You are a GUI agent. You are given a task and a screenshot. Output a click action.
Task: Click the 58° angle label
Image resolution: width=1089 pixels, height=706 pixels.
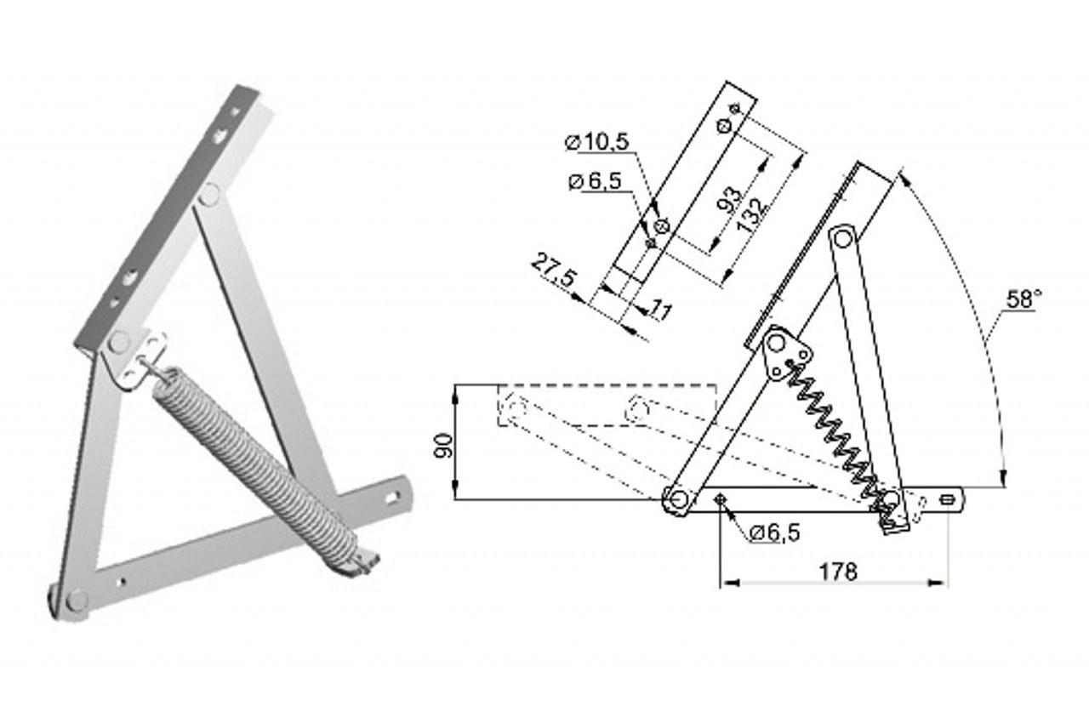(1023, 299)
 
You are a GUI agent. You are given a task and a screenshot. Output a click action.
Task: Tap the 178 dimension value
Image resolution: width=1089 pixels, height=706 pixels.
(838, 572)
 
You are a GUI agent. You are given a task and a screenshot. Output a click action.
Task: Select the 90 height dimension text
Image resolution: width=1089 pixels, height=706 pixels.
(443, 446)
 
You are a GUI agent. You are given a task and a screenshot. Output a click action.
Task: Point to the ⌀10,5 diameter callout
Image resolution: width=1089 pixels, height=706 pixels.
(597, 141)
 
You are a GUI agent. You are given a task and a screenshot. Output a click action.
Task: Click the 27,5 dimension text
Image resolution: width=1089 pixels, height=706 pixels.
(554, 270)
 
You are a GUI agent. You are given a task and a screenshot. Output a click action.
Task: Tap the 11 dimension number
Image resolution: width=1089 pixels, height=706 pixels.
(661, 310)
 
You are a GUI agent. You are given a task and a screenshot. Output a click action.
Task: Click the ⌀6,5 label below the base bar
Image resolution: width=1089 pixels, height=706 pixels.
(774, 533)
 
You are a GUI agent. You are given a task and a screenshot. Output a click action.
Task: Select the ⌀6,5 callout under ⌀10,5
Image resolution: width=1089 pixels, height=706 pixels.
(595, 181)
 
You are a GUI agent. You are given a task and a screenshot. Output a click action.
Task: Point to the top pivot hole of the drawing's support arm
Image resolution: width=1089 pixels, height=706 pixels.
(842, 239)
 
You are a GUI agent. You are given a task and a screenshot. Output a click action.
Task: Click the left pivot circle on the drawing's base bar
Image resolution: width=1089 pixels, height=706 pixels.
(678, 499)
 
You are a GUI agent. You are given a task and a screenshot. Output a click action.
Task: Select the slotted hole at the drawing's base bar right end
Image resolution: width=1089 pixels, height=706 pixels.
(948, 499)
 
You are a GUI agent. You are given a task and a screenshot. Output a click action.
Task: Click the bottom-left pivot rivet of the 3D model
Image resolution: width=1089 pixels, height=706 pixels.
(77, 601)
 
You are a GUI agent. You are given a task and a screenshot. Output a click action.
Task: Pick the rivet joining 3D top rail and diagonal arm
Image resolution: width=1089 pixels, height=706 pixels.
(209, 194)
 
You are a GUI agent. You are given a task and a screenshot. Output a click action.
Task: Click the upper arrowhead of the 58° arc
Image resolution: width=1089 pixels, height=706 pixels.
(903, 176)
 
